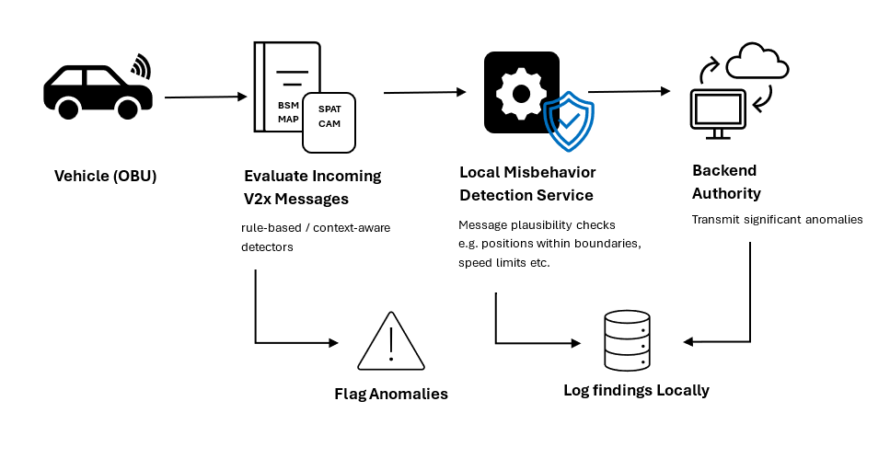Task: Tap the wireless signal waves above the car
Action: pyautogui.click(x=141, y=66)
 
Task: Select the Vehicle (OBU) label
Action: pyautogui.click(x=106, y=176)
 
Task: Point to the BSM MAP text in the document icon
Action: pyautogui.click(x=288, y=112)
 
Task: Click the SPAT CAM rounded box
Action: pyautogui.click(x=329, y=122)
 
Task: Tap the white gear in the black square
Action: pyautogui.click(x=521, y=92)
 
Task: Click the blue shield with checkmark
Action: pyautogui.click(x=569, y=120)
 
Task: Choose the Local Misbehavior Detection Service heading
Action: pyautogui.click(x=527, y=184)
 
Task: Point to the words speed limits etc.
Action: pyautogui.click(x=503, y=262)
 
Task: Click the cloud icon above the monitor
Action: pyautogui.click(x=757, y=63)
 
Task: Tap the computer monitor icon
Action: pyautogui.click(x=720, y=113)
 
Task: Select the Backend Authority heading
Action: pyautogui.click(x=726, y=182)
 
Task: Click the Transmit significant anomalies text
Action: pyautogui.click(x=777, y=219)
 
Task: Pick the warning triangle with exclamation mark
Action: pyautogui.click(x=391, y=341)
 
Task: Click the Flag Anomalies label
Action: pyautogui.click(x=391, y=394)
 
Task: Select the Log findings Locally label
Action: pyautogui.click(x=636, y=390)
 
